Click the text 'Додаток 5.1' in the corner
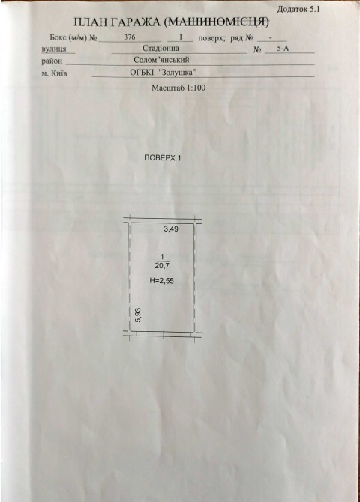[x=298, y=9]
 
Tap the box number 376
[x=130, y=37]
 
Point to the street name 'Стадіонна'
[x=161, y=49]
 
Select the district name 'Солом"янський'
[x=161, y=60]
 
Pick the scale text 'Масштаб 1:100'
[x=178, y=88]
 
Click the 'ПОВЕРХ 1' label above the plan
[x=163, y=158]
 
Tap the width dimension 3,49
[x=171, y=229]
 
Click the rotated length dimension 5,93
[x=138, y=315]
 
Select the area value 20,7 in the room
[x=162, y=266]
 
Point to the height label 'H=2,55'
[x=162, y=281]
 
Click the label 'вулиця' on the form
[x=54, y=49]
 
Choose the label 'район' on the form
[x=52, y=61]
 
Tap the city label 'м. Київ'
[x=54, y=73]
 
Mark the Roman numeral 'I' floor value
[x=181, y=37]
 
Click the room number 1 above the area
[x=162, y=256]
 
